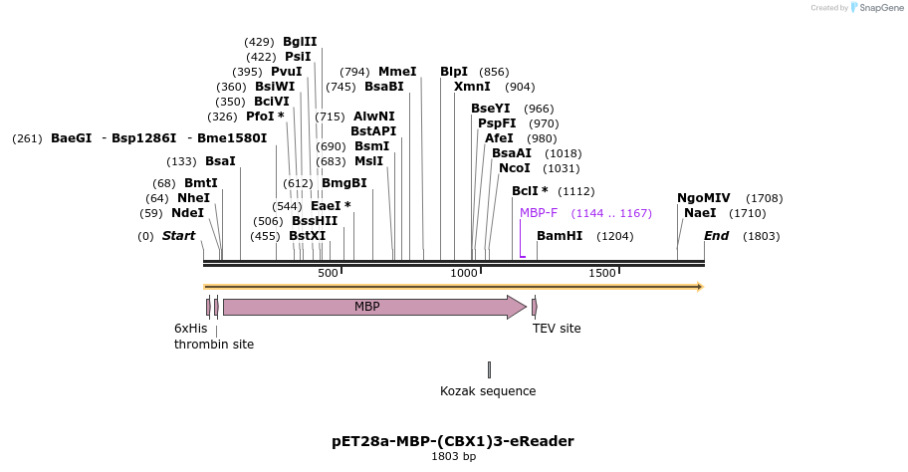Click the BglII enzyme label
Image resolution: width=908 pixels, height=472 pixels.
[300, 42]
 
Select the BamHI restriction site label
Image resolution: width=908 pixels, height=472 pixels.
[559, 236]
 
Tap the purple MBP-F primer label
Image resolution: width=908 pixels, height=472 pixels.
[539, 213]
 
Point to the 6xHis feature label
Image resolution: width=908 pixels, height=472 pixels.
[190, 328]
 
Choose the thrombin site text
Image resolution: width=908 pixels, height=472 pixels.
[214, 345]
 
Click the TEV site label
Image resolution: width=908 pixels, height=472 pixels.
[557, 328]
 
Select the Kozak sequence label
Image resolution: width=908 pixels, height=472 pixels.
[488, 391]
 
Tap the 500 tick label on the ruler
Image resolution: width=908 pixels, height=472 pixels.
[329, 274]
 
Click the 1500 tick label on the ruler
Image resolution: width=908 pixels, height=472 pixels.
[602, 274]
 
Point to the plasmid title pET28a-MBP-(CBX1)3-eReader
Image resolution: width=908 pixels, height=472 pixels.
[453, 441]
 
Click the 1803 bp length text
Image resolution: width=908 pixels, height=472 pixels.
[453, 457]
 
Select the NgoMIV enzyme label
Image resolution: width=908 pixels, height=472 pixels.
[703, 198]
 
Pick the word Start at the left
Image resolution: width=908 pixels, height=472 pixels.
[179, 236]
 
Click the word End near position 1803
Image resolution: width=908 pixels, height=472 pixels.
[716, 236]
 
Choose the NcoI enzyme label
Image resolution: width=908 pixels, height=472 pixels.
[514, 168]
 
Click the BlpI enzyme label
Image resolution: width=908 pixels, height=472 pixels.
[454, 72]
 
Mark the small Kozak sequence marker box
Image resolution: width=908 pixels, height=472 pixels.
[489, 369]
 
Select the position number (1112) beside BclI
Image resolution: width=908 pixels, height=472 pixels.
[575, 191]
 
